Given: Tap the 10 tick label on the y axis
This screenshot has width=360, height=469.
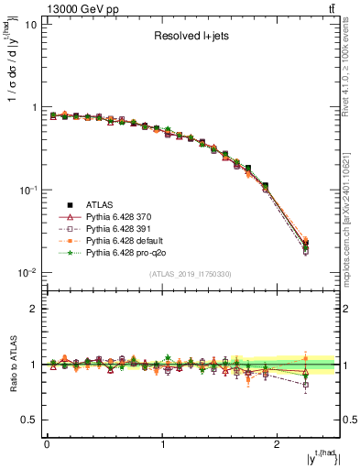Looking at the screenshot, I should (x=29, y=25).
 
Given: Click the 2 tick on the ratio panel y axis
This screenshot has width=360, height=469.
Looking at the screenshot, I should (x=33, y=309).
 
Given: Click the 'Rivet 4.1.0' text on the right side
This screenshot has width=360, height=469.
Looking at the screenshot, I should (x=352, y=82).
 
